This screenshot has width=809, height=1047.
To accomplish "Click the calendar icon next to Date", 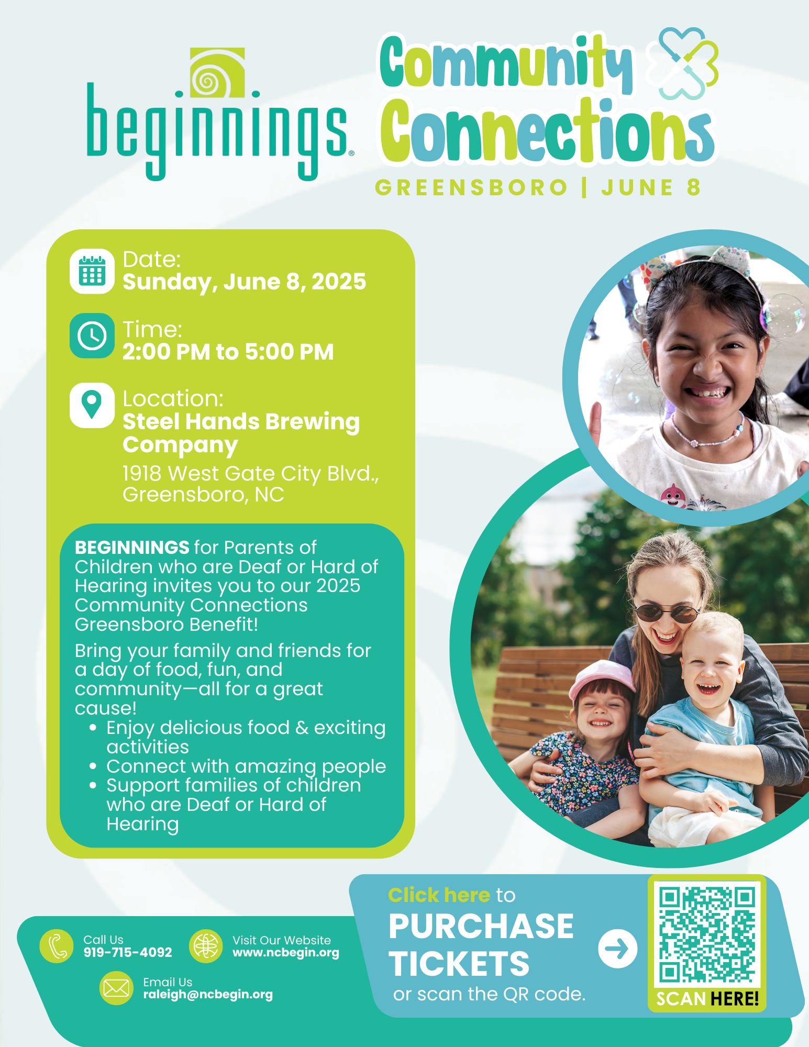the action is click(92, 271).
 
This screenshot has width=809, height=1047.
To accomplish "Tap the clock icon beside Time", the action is click(92, 336).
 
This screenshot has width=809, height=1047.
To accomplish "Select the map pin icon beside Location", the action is click(92, 405).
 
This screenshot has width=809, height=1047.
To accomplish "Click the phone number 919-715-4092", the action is click(128, 952).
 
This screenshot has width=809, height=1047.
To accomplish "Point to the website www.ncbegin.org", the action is click(286, 953).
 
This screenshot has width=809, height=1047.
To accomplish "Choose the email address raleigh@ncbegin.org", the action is click(208, 995).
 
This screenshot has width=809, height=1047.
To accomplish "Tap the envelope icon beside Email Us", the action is click(116, 988).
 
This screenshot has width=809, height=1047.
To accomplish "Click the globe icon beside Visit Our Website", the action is click(206, 946).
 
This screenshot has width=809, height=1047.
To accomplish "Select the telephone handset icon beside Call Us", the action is click(57, 946).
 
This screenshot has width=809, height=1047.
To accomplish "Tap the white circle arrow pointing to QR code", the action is click(618, 949).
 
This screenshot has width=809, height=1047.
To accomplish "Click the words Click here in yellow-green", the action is click(439, 895).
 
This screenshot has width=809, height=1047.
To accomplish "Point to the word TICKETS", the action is click(459, 964).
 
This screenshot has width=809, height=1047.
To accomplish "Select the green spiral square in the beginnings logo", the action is click(217, 73).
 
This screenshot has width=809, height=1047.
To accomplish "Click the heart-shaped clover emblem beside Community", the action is click(682, 64).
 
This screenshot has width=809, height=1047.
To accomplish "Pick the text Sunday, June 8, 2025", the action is click(244, 282).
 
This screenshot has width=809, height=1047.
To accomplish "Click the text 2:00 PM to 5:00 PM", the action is click(228, 352).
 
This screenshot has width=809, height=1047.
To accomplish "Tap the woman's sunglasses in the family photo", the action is click(667, 613).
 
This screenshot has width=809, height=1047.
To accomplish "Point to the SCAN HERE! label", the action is click(707, 999).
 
